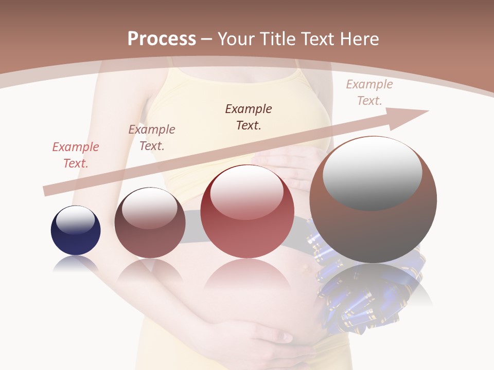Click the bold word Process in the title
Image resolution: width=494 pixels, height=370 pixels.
point(162,39)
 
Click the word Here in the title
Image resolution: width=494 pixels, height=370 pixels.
point(358,39)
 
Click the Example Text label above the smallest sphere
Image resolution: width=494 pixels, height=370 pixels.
point(76,155)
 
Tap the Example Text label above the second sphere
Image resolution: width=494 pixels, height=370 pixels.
point(152,137)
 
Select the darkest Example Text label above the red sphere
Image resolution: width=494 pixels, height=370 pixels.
point(249,117)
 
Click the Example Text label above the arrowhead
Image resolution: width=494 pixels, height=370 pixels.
point(369,92)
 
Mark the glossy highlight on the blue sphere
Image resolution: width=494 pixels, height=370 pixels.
point(76,220)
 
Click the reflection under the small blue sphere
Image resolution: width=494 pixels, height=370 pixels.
point(76,265)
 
